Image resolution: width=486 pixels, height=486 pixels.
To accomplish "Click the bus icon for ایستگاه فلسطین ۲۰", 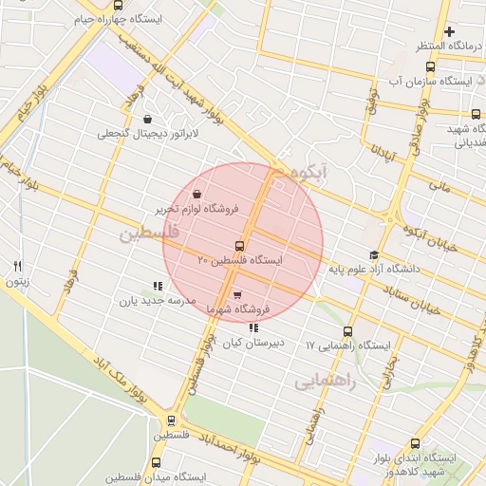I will (238, 246).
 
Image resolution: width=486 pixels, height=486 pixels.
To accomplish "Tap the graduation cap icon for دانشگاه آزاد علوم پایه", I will (373, 255).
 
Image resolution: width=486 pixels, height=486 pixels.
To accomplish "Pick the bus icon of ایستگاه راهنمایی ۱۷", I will (347, 332).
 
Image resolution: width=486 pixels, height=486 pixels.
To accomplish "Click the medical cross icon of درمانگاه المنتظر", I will (449, 32).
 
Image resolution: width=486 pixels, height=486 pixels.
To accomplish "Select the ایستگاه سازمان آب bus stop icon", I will (430, 67).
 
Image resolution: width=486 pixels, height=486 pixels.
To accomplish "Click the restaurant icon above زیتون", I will (17, 267).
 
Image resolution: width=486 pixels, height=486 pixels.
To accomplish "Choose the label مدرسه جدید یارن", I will (157, 301).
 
